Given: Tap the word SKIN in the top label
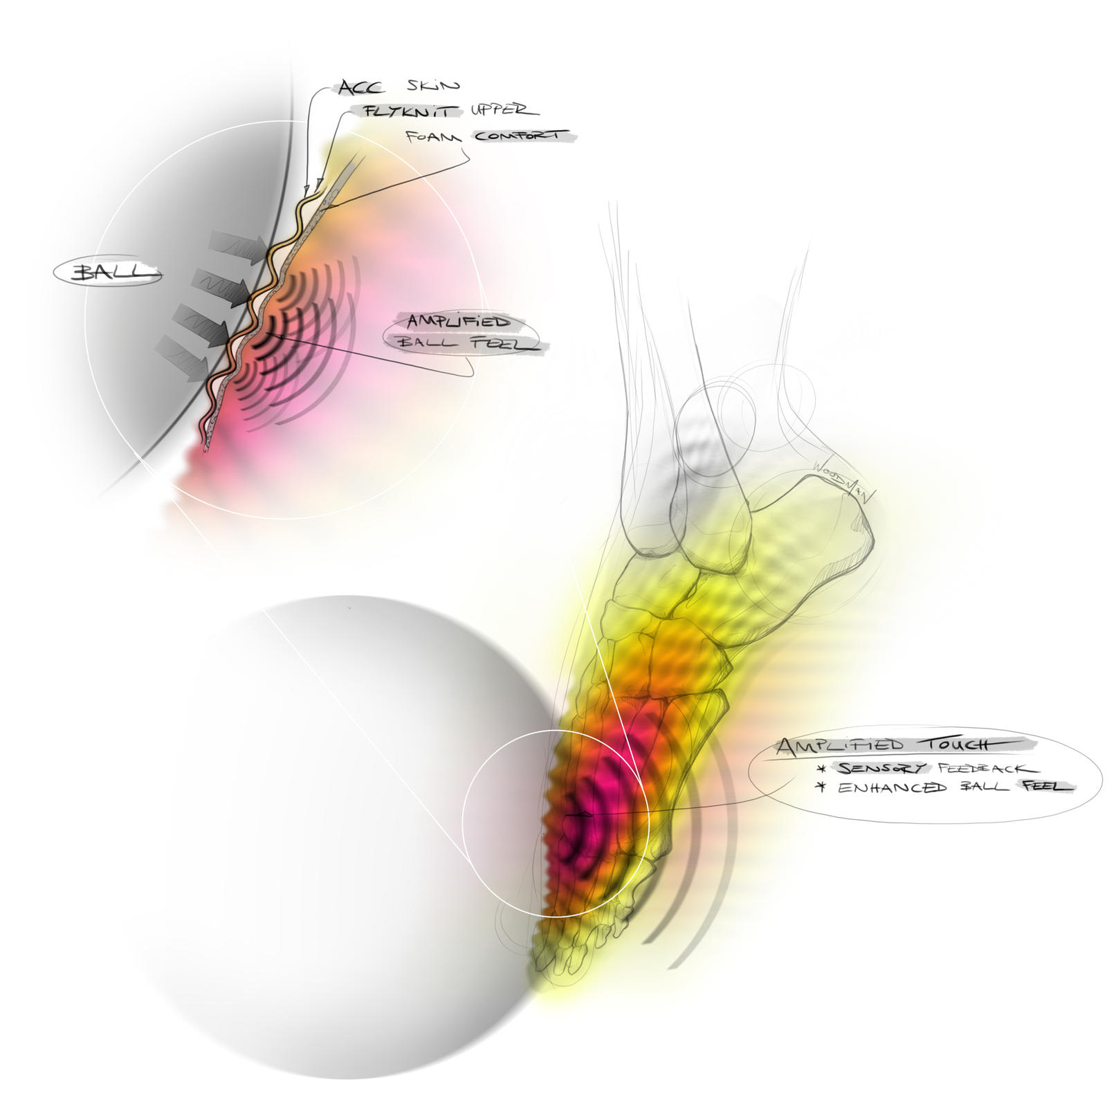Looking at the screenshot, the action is [432, 86].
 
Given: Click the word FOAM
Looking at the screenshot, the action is [433, 136].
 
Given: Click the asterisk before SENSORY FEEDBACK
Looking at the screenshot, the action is [823, 769].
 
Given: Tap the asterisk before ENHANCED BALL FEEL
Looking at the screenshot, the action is [823, 787].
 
